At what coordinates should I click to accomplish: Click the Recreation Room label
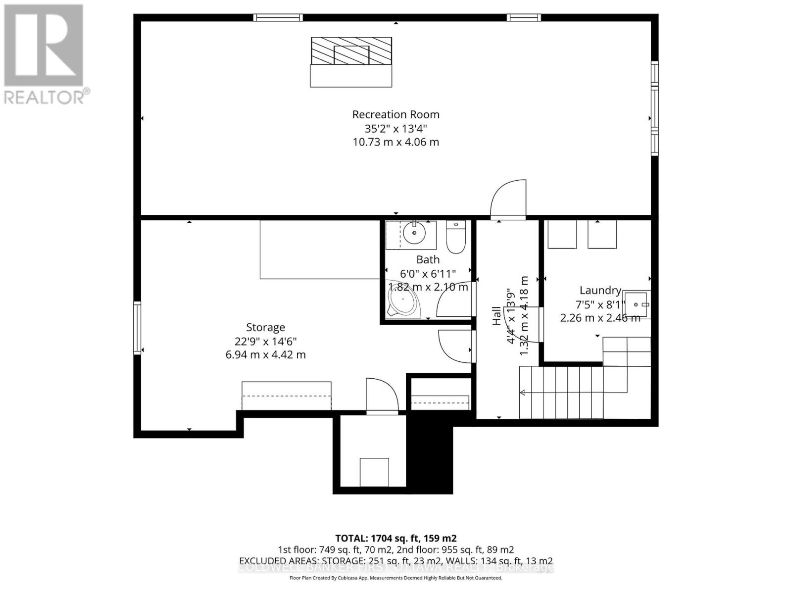pos(396,114)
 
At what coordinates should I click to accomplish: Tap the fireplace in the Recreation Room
pos(351,51)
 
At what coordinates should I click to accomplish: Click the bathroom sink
pos(411,232)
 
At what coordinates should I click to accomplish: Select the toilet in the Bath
pos(455,238)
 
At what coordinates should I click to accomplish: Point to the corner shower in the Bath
pos(402,301)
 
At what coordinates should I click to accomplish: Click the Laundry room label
pos(600,291)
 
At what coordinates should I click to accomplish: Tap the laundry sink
pos(637,304)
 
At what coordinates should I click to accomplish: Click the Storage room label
pos(265,327)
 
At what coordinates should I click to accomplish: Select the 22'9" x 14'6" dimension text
pos(265,341)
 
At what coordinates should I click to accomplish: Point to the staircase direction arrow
pos(523,393)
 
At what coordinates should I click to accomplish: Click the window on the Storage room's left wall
pos(137,328)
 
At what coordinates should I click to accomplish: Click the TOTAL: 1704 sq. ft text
pos(396,538)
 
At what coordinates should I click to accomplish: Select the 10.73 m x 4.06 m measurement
pos(396,142)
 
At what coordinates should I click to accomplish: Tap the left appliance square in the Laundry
pos(562,234)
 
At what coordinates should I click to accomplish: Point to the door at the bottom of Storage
pos(382,396)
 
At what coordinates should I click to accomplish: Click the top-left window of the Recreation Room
pos(278,18)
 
